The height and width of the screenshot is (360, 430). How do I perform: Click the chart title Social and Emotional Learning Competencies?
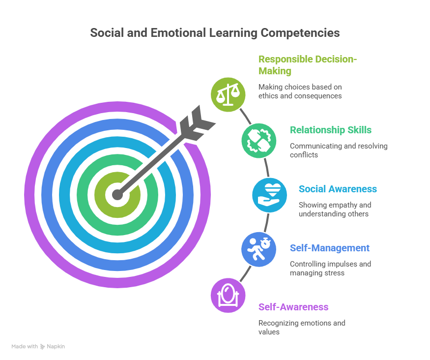click(215, 33)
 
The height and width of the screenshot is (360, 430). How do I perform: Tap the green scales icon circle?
click(227, 93)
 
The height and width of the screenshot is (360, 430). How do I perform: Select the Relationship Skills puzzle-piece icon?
click(258, 140)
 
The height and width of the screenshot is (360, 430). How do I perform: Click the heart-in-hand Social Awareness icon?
click(269, 195)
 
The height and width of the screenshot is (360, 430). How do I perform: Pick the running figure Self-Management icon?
click(258, 249)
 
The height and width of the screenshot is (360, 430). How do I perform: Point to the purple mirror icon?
click(228, 296)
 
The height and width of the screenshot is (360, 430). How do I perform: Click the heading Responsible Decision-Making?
click(307, 65)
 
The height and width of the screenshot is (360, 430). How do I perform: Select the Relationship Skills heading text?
click(330, 130)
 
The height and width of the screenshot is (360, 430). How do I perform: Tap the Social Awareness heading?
click(338, 189)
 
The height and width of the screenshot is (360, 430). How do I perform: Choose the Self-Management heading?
click(329, 248)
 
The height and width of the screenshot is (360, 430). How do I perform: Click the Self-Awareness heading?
click(293, 307)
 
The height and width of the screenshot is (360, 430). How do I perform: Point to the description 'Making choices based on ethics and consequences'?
click(300, 91)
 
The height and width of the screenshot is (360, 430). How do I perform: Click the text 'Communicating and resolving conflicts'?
click(338, 150)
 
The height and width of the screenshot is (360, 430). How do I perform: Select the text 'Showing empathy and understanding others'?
click(335, 210)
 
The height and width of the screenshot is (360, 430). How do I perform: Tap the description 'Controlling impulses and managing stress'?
click(330, 269)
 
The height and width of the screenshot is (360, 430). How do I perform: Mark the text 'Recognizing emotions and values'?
click(301, 328)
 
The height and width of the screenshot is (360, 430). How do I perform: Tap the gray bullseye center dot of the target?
click(117, 195)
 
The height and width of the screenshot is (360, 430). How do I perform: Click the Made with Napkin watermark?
click(38, 346)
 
